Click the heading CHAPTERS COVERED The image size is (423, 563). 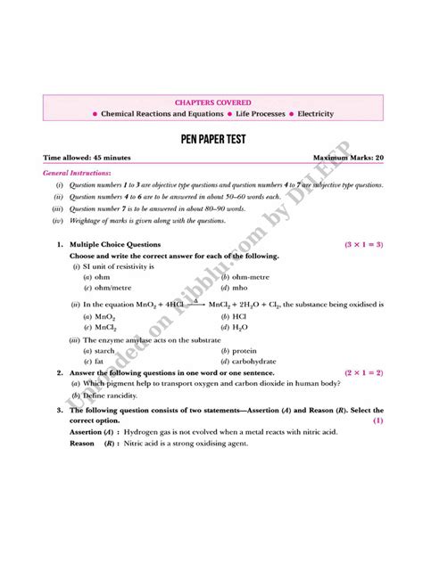click(211, 102)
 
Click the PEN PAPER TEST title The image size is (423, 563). click(211, 140)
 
